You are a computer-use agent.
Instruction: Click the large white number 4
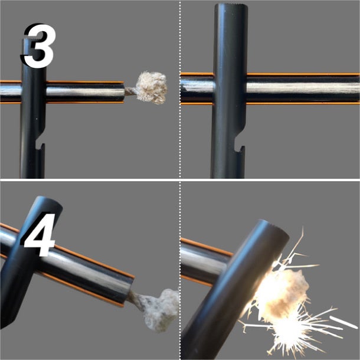(40, 235)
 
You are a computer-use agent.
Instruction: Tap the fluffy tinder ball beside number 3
(151, 87)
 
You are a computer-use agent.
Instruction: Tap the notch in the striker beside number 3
(40, 140)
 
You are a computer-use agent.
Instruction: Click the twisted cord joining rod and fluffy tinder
(130, 91)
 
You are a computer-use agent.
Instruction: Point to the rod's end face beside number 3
(124, 92)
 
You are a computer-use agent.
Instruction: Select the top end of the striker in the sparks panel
(273, 227)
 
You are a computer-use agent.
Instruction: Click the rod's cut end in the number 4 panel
(129, 292)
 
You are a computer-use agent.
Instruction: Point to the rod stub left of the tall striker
(197, 89)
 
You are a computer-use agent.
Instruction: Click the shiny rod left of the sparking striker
(204, 261)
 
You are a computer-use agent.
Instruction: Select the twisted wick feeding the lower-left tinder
(136, 299)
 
